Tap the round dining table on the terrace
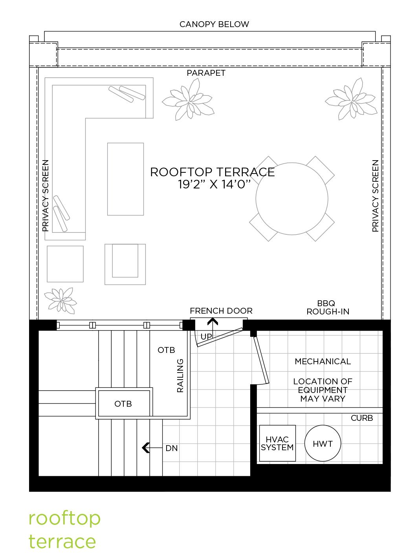pyautogui.click(x=292, y=199)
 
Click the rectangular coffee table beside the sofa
pyautogui.click(x=125, y=179)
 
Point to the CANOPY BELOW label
pyautogui.click(x=214, y=24)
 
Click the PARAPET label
pyautogui.click(x=206, y=73)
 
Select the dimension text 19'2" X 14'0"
pyautogui.click(x=214, y=184)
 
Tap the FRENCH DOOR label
pyautogui.click(x=221, y=311)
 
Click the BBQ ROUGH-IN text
pyautogui.click(x=328, y=307)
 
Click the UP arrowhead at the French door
pyautogui.click(x=213, y=322)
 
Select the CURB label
pyautogui.click(x=362, y=418)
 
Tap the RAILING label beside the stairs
pyautogui.click(x=180, y=376)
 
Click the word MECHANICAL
pyautogui.click(x=323, y=362)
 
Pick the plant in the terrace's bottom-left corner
pyautogui.click(x=60, y=301)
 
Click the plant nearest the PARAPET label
pyautogui.click(x=188, y=100)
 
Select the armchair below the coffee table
pyautogui.click(x=125, y=264)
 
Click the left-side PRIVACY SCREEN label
pyautogui.click(x=45, y=195)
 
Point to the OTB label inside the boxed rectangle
pyautogui.click(x=123, y=404)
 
